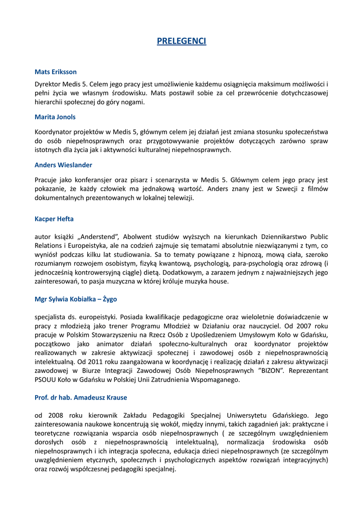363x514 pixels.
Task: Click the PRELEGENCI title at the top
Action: (181, 41)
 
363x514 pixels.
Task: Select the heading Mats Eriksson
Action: (56, 72)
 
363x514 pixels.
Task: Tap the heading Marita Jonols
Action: (55, 117)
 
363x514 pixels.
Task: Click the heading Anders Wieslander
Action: (63, 165)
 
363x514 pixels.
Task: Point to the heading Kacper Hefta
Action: (54, 219)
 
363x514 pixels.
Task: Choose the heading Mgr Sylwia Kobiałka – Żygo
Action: (76, 299)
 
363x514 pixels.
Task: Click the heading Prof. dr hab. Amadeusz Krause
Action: (81, 398)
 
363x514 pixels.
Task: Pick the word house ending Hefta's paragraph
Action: (220, 282)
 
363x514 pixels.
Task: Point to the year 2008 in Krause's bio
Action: (56, 416)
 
